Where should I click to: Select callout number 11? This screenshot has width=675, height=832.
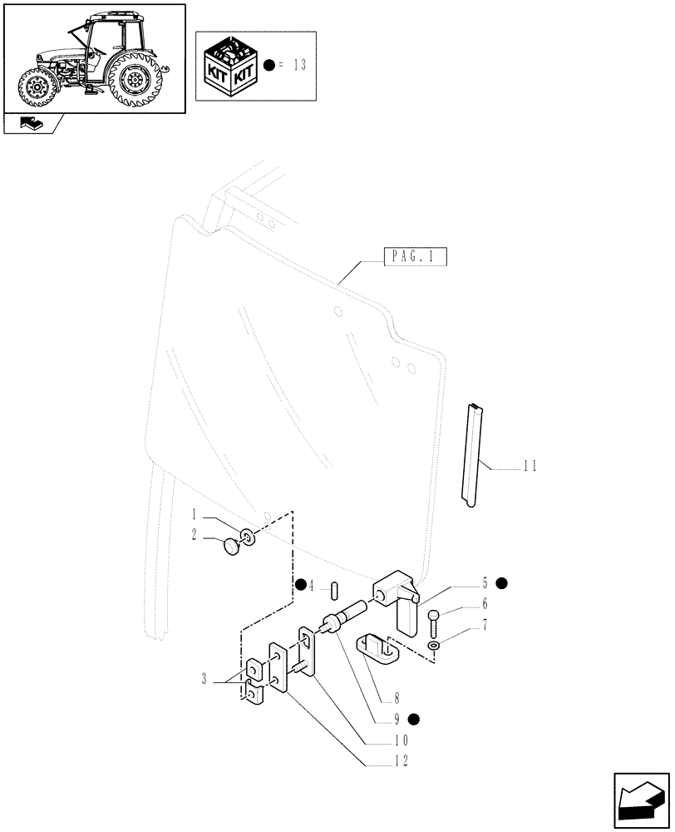[x=530, y=467]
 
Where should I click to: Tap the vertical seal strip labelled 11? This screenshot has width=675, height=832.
[x=473, y=453]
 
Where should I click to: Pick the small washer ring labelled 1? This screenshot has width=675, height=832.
[x=249, y=537]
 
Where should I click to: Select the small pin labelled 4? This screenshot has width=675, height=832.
[x=334, y=590]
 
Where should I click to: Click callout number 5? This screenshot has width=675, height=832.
[x=484, y=583]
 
